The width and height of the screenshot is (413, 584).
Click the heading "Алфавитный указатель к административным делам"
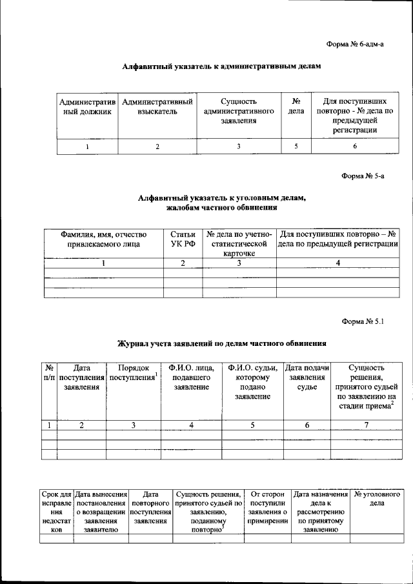click(221, 66)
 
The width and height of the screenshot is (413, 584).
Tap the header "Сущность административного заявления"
click(239, 111)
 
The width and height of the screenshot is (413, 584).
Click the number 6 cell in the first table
click(354, 146)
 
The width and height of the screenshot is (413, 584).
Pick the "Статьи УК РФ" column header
click(183, 239)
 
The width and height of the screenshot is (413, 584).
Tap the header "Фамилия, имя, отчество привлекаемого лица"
click(103, 239)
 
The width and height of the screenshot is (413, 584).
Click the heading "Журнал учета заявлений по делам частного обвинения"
click(221, 343)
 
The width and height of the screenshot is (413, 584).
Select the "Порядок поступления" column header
click(134, 372)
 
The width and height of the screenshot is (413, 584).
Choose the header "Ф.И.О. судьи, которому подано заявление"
click(252, 382)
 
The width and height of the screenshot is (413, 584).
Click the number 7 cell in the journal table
click(366, 425)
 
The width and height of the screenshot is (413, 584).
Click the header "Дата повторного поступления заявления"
click(150, 508)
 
